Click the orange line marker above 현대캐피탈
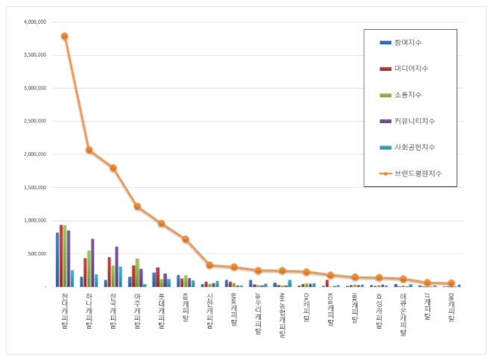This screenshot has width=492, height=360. pos(65,36)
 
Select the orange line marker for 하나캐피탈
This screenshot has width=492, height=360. pos(89,150)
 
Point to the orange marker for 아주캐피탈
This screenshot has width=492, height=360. pos(137,206)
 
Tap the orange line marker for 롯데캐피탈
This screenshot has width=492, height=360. pos(161,223)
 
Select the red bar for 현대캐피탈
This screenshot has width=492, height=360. pos(61,256)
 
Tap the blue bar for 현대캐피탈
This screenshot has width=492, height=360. pos(57,259)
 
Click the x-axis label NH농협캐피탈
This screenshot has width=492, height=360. pos(282,315)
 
